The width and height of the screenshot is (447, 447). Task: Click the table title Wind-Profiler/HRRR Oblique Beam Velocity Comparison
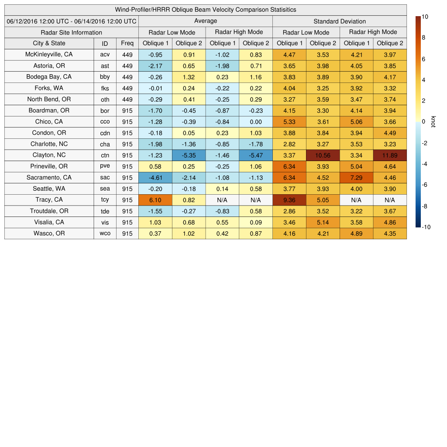click(x=206, y=10)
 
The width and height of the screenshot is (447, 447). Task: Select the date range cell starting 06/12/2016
click(x=71, y=21)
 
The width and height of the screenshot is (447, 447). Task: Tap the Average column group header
click(x=205, y=21)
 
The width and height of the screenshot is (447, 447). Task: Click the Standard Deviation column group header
click(x=339, y=21)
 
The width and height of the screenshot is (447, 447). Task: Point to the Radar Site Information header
click(x=71, y=32)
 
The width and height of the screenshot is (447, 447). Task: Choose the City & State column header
click(x=49, y=43)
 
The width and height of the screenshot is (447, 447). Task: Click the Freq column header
click(x=127, y=43)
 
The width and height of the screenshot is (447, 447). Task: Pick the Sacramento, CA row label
click(x=49, y=178)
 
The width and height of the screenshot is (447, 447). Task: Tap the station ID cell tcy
click(x=105, y=200)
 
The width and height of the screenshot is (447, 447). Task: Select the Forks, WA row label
click(x=49, y=88)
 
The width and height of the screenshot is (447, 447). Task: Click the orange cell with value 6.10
click(x=155, y=200)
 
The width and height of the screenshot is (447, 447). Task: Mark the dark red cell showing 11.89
click(x=390, y=155)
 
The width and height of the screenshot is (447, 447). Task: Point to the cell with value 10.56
click(x=323, y=155)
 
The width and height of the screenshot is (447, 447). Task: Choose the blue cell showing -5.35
click(x=189, y=155)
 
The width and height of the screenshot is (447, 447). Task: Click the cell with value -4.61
click(x=155, y=178)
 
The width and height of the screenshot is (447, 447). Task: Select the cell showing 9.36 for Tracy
click(x=289, y=200)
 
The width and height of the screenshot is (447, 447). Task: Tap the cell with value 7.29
click(x=356, y=178)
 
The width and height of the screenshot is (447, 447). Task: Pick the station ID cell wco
click(x=105, y=234)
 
